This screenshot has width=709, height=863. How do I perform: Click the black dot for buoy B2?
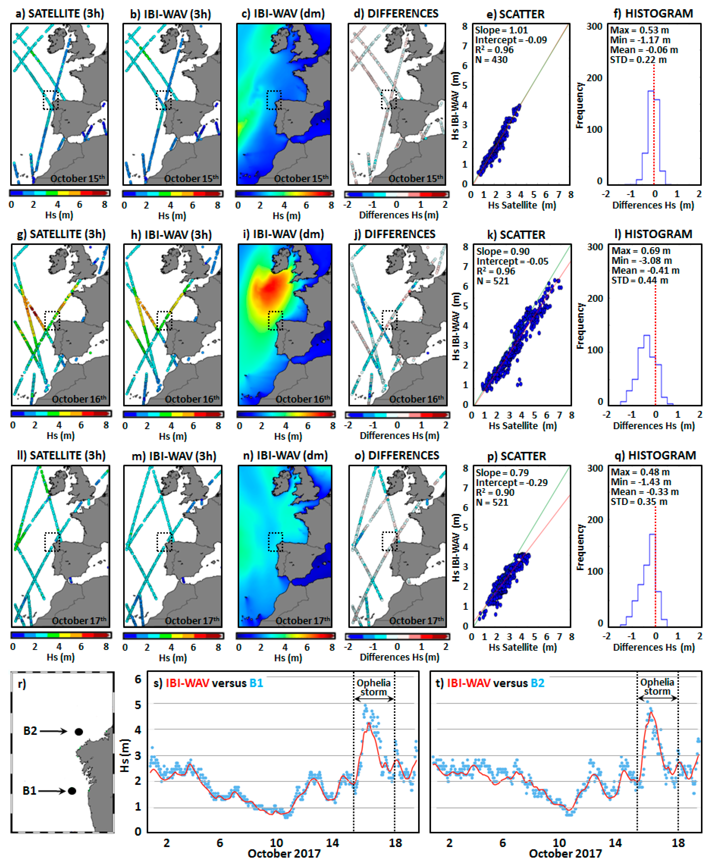point(79,732)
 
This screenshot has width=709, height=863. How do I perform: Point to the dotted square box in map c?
point(274,100)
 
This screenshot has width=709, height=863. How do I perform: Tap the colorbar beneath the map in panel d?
point(397,194)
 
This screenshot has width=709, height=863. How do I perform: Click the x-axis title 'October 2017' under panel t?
point(565,854)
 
